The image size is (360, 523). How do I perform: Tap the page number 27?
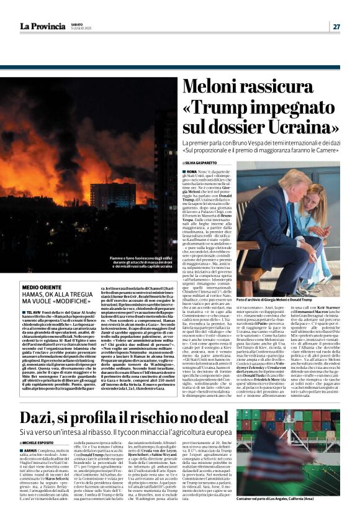(336, 26)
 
